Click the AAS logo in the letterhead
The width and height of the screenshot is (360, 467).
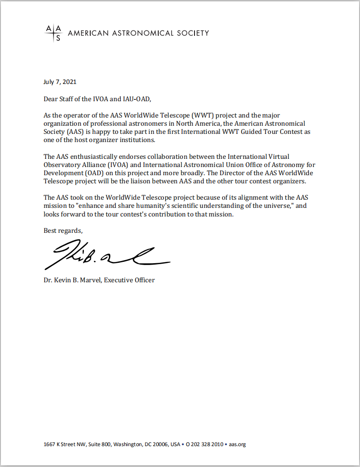click(x=53, y=33)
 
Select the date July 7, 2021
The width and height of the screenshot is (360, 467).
click(x=60, y=82)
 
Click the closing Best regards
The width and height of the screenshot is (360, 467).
click(x=63, y=231)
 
